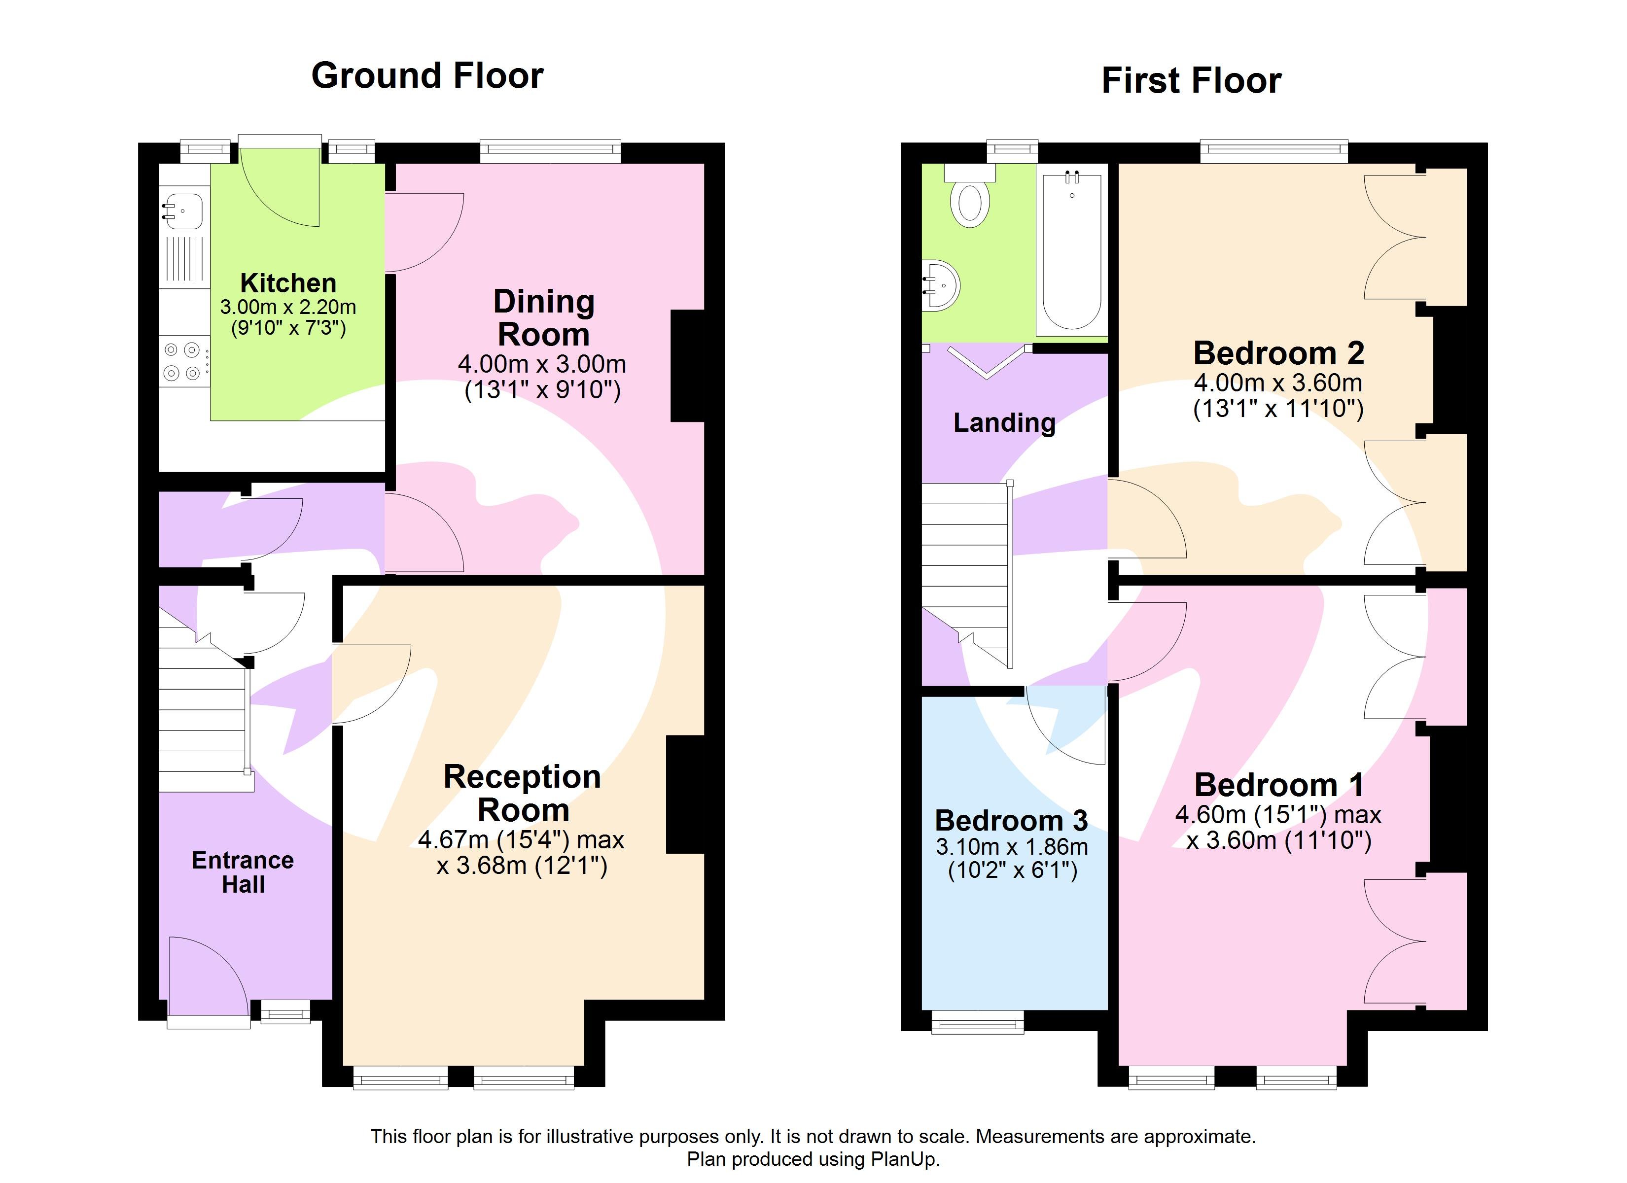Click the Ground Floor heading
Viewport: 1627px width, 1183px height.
[427, 76]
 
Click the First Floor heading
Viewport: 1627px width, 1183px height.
[1191, 80]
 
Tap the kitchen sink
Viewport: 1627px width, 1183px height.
[182, 211]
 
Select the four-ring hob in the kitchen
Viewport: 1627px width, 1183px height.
[182, 362]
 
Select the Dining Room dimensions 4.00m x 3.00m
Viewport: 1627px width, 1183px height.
[542, 364]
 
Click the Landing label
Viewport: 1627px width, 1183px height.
[1004, 422]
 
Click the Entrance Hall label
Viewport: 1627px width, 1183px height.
[243, 871]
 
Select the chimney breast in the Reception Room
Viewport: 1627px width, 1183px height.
[685, 794]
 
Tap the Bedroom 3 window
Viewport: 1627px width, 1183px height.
[977, 1022]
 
